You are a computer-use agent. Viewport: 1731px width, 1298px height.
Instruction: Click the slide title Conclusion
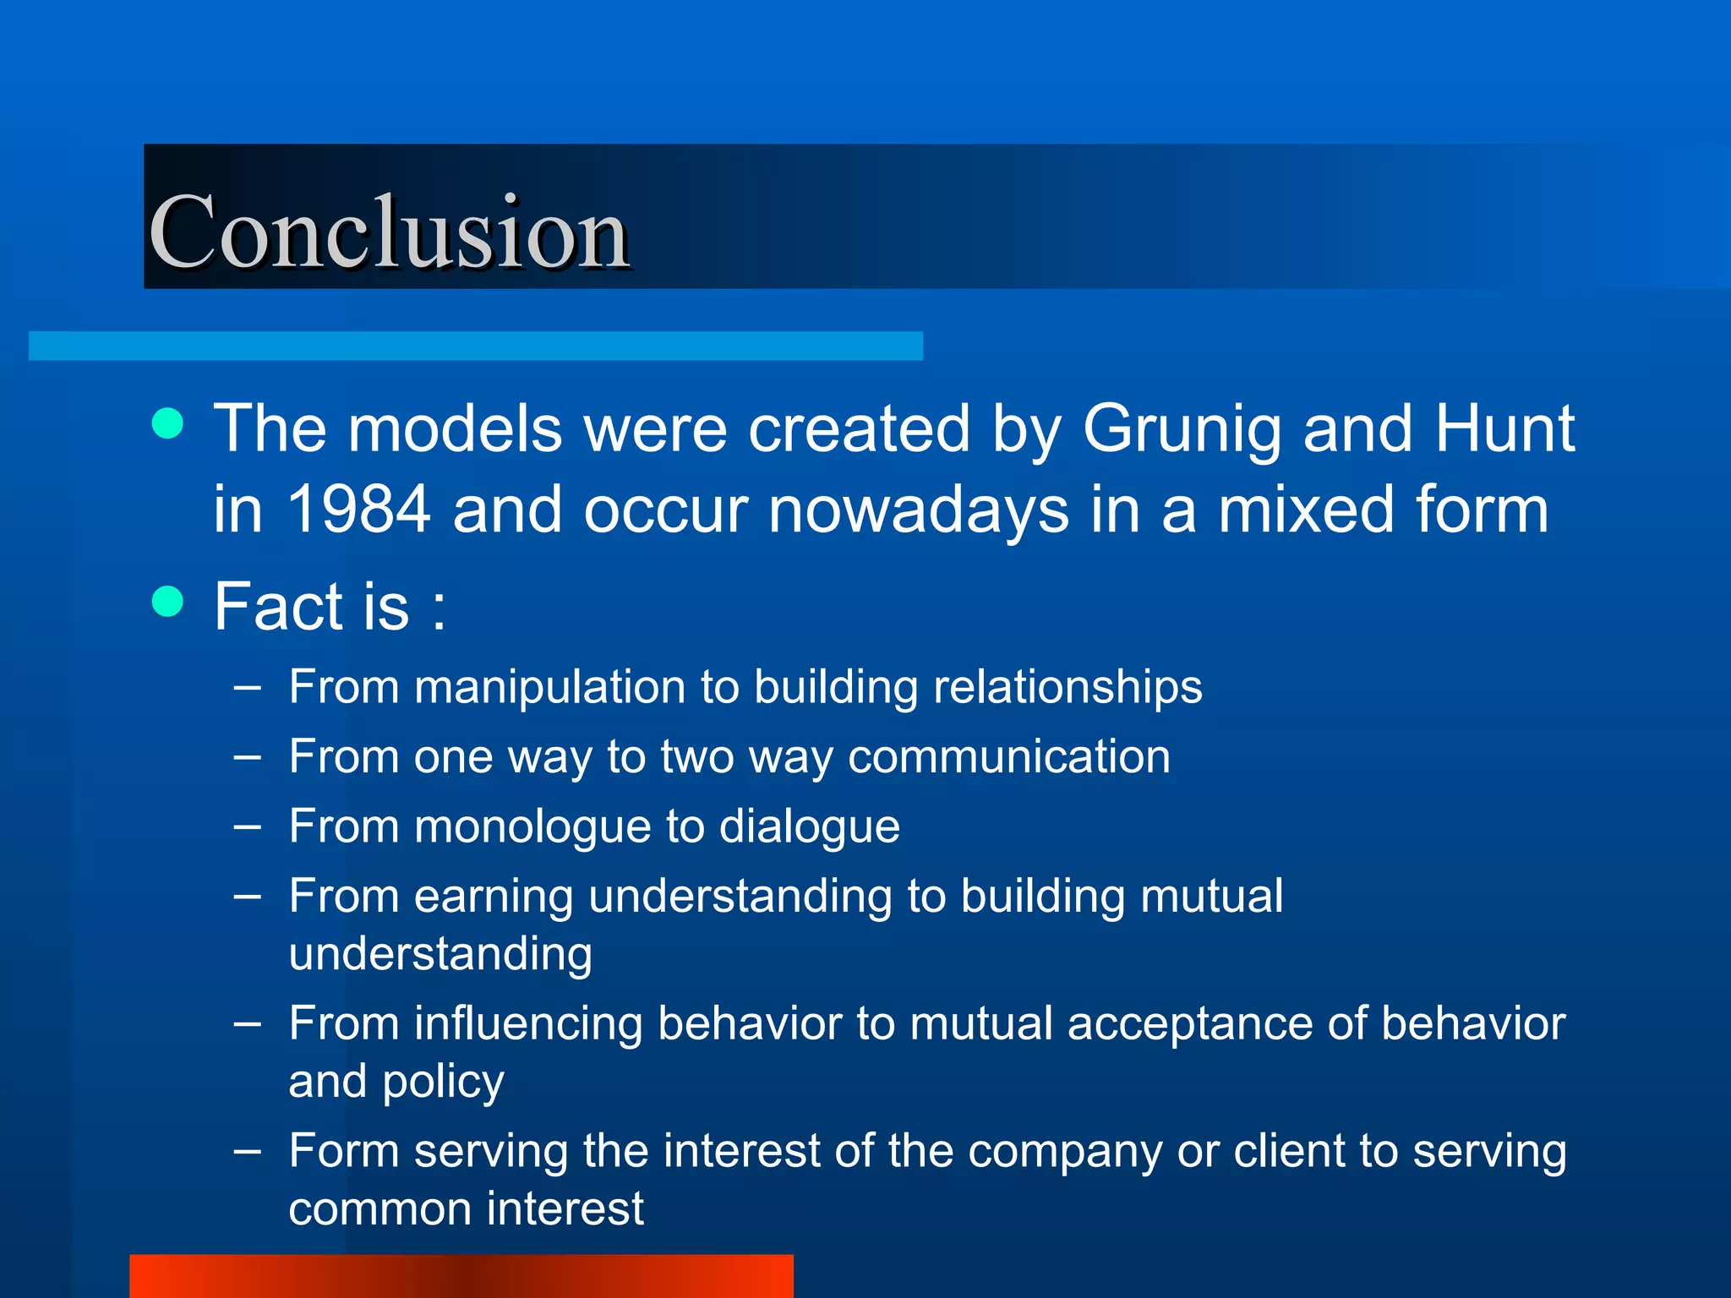click(x=389, y=232)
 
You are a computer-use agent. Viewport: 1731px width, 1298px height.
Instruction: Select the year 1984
click(x=359, y=510)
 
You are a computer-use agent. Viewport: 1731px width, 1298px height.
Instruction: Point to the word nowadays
click(x=918, y=511)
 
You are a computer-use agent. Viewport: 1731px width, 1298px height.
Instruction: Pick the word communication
click(x=1009, y=755)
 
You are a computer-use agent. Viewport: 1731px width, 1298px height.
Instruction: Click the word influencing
click(x=527, y=1024)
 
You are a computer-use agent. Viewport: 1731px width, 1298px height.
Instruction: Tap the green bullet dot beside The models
click(x=168, y=424)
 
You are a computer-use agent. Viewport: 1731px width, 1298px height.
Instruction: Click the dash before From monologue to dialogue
click(x=247, y=826)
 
